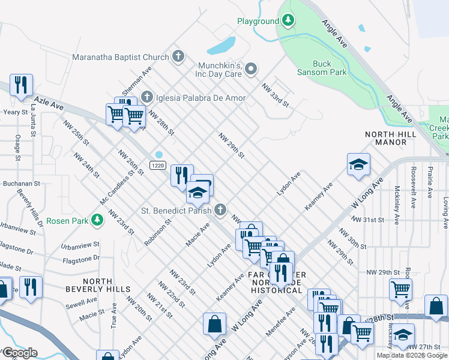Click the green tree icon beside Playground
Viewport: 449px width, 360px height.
[x=289, y=21]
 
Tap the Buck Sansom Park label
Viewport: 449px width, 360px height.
[x=322, y=68]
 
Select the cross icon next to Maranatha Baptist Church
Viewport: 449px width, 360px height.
[x=178, y=58]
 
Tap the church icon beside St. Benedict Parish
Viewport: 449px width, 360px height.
[x=220, y=210]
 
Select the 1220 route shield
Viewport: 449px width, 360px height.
[x=158, y=165]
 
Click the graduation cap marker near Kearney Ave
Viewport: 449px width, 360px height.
[x=358, y=165]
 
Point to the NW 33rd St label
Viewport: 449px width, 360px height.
[x=275, y=96]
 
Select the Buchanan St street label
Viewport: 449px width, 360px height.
[x=20, y=183]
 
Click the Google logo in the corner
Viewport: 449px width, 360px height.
[x=19, y=353]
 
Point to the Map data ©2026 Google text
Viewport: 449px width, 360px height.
[x=412, y=355]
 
